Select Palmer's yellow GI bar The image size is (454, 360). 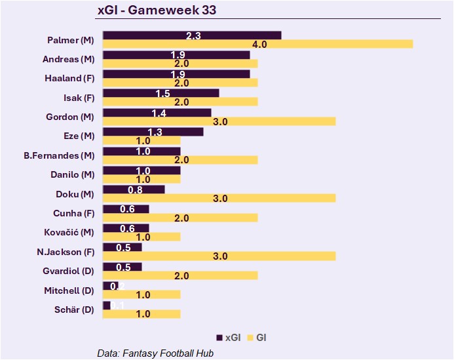tap(257, 44)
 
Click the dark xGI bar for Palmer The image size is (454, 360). tap(192, 35)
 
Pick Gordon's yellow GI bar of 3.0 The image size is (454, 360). tap(219, 121)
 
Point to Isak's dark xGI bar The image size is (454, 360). tap(161, 93)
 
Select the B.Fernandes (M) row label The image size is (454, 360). tap(59, 155)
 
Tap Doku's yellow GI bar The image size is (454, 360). tap(219, 198)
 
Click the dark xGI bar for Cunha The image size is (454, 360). tap(126, 209)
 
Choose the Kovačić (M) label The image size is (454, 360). tap(69, 232)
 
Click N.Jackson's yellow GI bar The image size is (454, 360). tap(219, 256)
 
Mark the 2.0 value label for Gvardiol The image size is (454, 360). tap(180, 275)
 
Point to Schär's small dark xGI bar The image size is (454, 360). tap(107, 306)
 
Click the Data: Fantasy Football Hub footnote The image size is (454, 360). tap(155, 353)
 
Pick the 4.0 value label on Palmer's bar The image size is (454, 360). tap(259, 44)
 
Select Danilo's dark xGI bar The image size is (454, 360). tap(142, 170)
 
